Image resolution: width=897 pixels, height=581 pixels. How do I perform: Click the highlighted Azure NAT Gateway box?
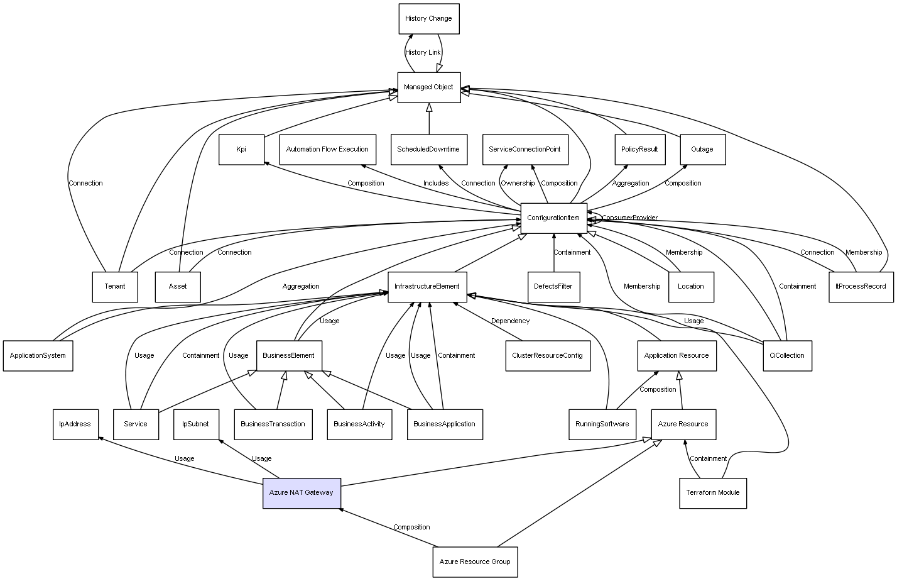coord(302,493)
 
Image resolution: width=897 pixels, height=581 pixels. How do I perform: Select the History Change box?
coord(428,19)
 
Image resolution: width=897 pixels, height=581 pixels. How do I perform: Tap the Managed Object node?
coord(428,87)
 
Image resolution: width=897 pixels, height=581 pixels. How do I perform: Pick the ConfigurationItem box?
coord(553,218)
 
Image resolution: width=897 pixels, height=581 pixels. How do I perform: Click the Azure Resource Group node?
coord(475,562)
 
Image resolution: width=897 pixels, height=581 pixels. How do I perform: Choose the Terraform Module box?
coord(712,493)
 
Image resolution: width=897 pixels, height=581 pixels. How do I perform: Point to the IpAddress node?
coord(75,424)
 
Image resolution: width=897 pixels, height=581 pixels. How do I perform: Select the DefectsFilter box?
coord(553,287)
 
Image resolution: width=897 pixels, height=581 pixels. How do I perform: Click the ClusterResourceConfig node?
coord(547,355)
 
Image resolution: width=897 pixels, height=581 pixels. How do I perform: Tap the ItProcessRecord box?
coord(861,287)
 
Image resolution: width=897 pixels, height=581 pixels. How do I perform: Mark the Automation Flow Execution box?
coord(327,150)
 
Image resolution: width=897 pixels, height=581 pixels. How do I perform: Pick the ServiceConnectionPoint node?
coord(525,150)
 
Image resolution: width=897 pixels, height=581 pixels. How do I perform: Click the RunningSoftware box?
coord(602,424)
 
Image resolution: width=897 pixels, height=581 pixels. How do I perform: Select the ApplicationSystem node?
coord(38,355)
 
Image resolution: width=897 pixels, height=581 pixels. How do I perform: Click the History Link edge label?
coord(423,53)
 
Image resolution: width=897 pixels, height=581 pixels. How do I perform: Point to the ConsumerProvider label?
coord(629,218)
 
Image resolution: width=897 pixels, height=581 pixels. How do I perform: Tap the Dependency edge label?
coord(510,321)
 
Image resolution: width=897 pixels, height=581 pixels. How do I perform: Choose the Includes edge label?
coord(436,184)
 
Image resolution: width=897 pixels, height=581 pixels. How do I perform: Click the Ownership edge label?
coord(518,184)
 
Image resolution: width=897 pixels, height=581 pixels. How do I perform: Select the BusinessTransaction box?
coord(273,424)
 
